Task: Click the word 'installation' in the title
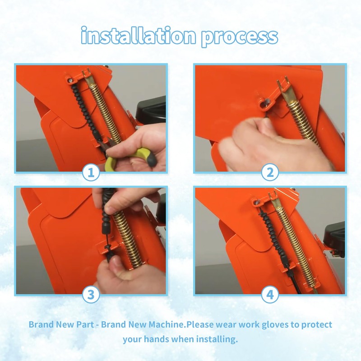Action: pos(139,36)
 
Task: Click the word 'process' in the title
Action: pos(240,37)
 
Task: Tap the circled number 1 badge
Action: pos(91,172)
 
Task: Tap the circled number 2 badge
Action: pos(270,172)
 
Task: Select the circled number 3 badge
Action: pos(91,295)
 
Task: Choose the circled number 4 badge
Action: pos(270,295)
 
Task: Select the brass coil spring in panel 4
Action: pos(292,242)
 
